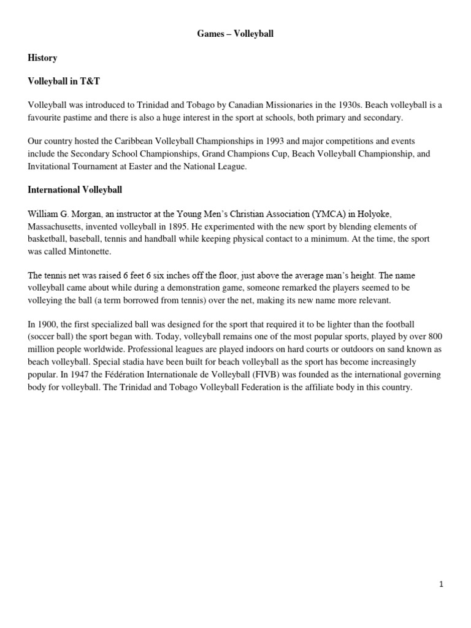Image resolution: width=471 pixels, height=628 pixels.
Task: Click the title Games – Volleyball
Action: pyautogui.click(x=235, y=34)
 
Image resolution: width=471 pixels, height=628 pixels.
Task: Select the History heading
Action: pyautogui.click(x=42, y=58)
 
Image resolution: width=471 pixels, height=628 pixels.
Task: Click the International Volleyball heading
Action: pyautogui.click(x=75, y=190)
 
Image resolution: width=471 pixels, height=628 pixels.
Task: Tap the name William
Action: pyautogui.click(x=44, y=213)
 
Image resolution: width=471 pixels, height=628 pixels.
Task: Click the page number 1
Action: pyautogui.click(x=441, y=584)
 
